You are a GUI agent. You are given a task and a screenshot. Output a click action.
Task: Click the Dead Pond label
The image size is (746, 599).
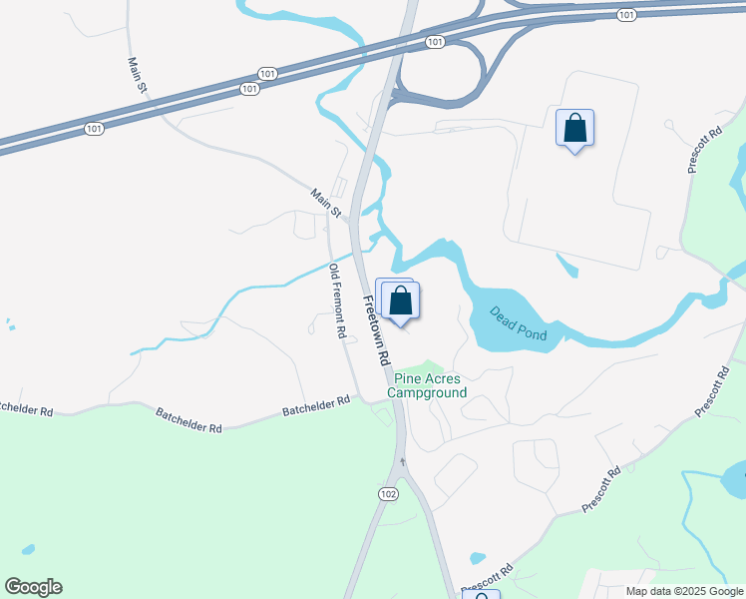tap(519, 323)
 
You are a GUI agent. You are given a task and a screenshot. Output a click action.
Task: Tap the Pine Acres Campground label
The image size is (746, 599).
tap(429, 385)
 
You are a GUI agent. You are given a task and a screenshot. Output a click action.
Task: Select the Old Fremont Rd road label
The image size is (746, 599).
tap(338, 301)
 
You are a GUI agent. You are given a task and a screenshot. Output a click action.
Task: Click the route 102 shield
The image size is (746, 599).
tap(389, 493)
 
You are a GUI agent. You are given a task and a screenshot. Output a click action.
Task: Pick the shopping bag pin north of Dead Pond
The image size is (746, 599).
tap(574, 128)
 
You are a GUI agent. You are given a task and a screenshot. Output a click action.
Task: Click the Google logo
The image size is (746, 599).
tap(33, 587)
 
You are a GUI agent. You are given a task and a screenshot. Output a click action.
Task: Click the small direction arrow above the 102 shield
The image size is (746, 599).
tap(403, 461)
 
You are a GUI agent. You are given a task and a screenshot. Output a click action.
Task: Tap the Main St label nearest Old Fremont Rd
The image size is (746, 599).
tap(325, 203)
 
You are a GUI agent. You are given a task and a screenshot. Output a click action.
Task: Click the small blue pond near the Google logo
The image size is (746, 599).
tap(28, 550)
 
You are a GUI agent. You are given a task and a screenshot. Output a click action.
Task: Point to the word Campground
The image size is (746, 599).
tap(427, 392)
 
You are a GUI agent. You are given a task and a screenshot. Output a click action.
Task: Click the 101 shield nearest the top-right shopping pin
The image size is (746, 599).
tap(626, 15)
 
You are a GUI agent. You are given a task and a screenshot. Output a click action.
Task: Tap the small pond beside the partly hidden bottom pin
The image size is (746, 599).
tap(477, 558)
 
